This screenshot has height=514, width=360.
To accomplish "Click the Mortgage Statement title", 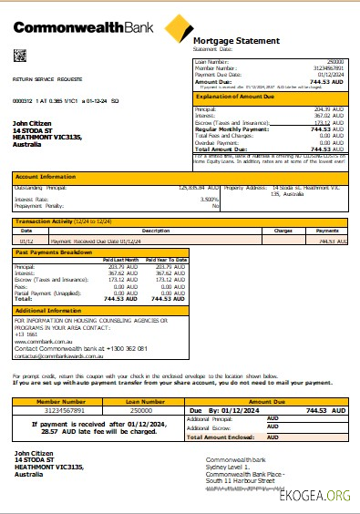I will click(229, 41).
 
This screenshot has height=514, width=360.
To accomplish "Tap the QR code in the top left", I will click(19, 57).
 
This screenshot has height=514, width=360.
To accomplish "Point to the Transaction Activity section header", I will click(54, 221).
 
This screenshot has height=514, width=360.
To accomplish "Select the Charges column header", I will click(283, 231).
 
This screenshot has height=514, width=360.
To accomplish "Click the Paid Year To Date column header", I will click(167, 260).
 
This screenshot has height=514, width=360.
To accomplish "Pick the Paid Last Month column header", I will click(119, 260).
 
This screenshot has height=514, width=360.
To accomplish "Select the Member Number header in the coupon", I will click(60, 400).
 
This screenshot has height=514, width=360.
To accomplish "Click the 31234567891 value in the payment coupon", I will click(60, 411).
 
